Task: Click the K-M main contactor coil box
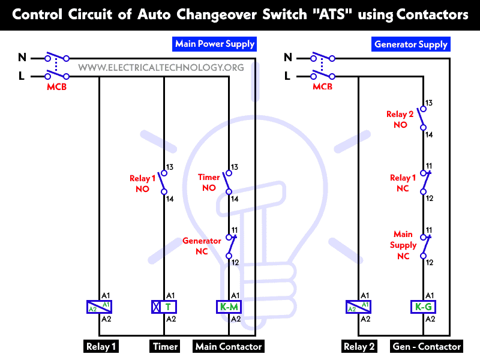(x=229, y=307)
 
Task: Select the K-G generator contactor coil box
(x=423, y=307)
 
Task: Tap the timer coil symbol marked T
(x=164, y=307)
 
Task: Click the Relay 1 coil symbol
(x=99, y=307)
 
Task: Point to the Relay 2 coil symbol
(x=358, y=307)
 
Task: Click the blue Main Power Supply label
(x=215, y=44)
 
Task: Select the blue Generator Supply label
(x=411, y=44)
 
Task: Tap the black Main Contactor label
(x=228, y=346)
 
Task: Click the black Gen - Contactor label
(x=427, y=346)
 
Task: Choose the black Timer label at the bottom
(x=165, y=346)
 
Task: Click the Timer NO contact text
(x=209, y=182)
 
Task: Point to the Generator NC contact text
(x=202, y=246)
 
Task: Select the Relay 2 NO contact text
(x=400, y=119)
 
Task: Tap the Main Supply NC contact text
(x=403, y=245)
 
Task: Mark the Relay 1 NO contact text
(x=143, y=184)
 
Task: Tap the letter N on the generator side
(x=287, y=58)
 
